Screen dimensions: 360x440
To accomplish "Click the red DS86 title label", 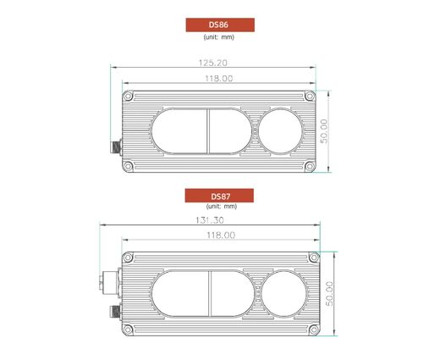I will (217, 25).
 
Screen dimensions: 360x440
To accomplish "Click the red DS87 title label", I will (218, 196).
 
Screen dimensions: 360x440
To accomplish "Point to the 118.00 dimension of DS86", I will (217, 79).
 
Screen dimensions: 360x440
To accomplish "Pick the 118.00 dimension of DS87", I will (217, 235).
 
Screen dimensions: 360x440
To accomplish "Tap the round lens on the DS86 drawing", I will (279, 131).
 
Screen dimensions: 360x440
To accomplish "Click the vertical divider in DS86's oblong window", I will (206, 131).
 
